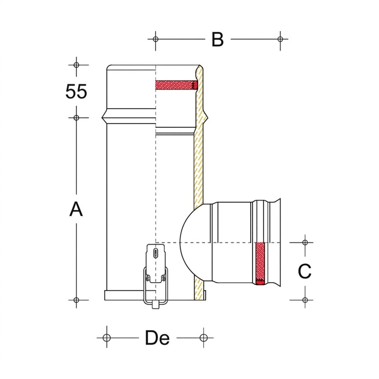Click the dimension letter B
coord(218,39)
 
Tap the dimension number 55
coord(76,92)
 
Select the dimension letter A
coord(76,209)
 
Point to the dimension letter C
coord(305,271)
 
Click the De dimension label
coord(157,338)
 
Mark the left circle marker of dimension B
coord(156,39)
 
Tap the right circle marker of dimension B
coord(280,39)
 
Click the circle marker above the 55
coord(77,65)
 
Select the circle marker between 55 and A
coord(77,118)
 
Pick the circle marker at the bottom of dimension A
coord(77,300)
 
